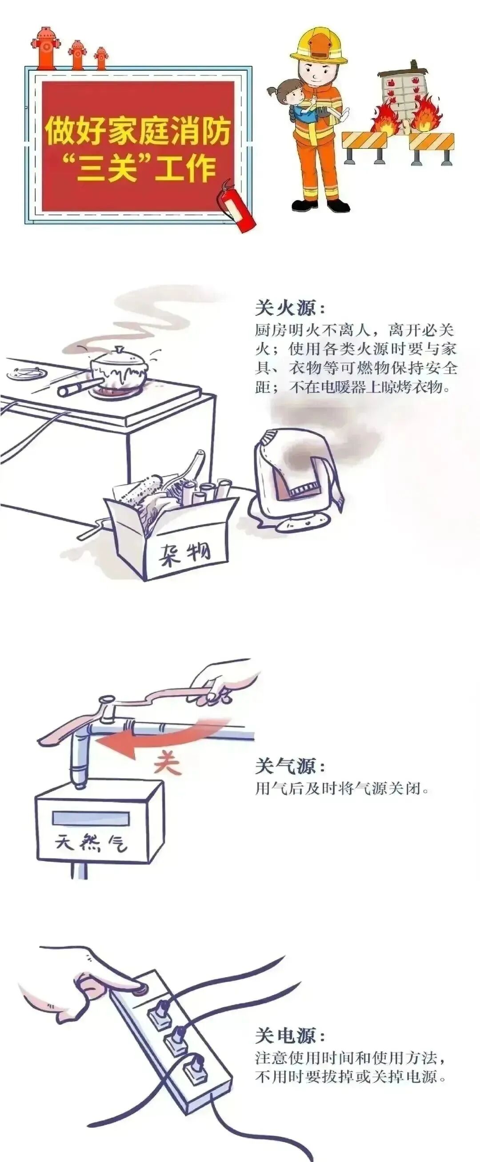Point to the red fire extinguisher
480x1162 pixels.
234,205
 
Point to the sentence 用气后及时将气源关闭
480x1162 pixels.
341,789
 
